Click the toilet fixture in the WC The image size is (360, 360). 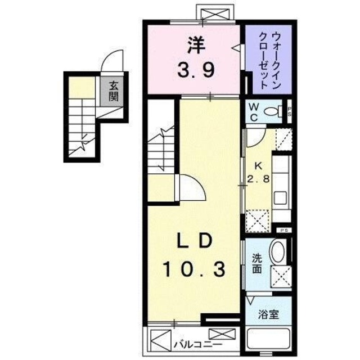[274, 111]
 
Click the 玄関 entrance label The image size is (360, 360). [114, 91]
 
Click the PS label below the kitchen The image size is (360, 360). [285, 230]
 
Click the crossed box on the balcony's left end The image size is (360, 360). [160, 341]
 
